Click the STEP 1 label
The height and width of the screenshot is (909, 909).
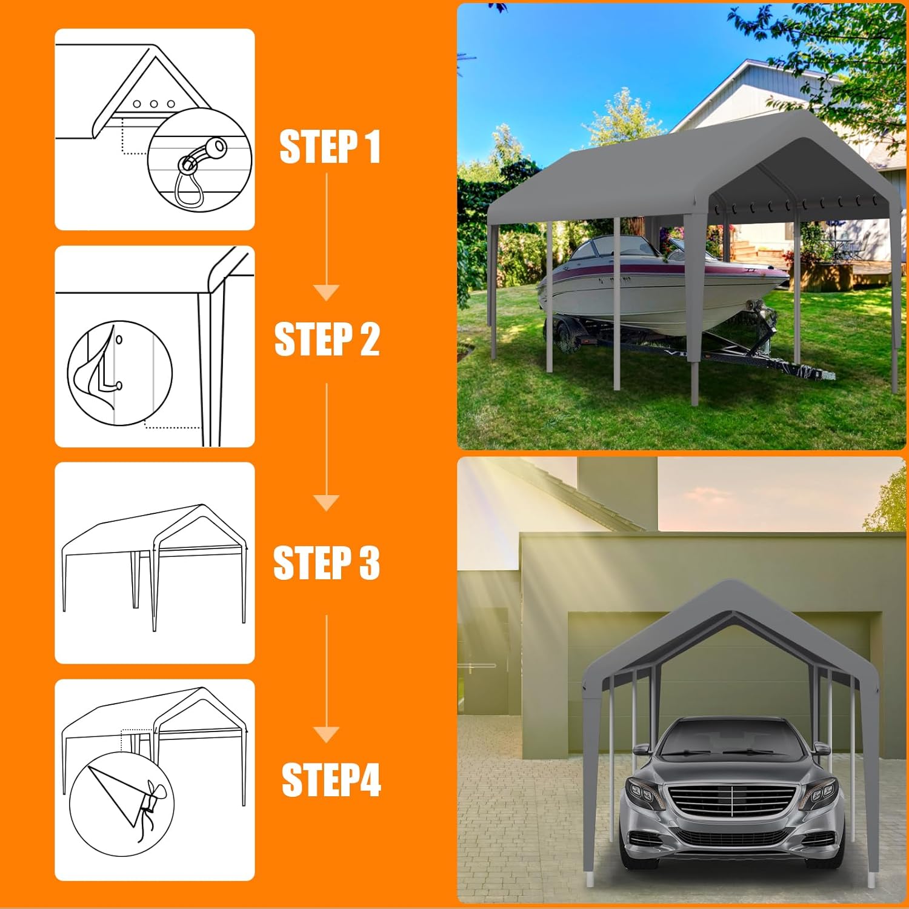330,146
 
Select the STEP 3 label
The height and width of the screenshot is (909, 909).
327,563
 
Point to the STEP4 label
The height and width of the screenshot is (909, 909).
331,779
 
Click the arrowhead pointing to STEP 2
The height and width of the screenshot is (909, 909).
327,293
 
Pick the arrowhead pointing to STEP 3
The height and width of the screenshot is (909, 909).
327,503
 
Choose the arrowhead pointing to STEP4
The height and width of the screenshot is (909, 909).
327,734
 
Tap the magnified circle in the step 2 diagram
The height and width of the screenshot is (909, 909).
119,373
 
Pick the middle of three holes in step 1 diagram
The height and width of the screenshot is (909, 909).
154,104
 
